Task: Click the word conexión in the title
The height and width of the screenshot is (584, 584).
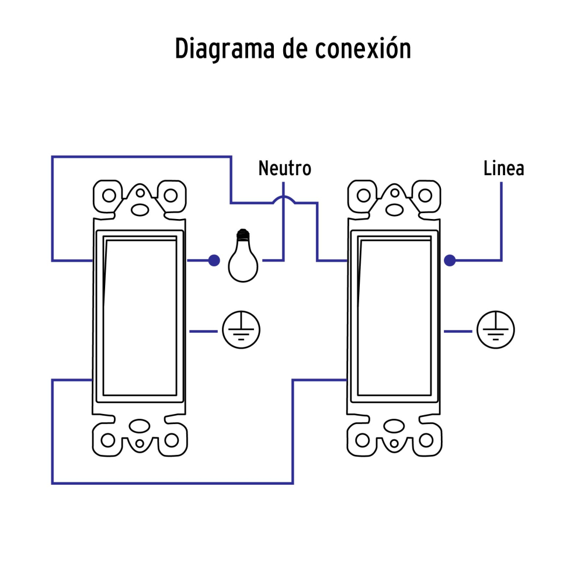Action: [363, 49]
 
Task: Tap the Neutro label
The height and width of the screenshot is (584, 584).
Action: [284, 169]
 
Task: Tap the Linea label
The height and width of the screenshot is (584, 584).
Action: [503, 169]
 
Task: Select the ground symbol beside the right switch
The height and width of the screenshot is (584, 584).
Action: [496, 331]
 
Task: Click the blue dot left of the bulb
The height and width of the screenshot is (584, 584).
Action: [214, 260]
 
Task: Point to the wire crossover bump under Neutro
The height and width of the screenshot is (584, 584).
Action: [284, 200]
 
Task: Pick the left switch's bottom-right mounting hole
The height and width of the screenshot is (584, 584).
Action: [171, 439]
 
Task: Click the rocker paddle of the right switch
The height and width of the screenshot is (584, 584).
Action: [395, 315]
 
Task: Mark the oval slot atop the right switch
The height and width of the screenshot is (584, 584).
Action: [395, 208]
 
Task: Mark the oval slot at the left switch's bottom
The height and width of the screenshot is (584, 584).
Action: [140, 426]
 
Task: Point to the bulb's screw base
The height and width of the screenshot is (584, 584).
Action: [242, 236]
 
